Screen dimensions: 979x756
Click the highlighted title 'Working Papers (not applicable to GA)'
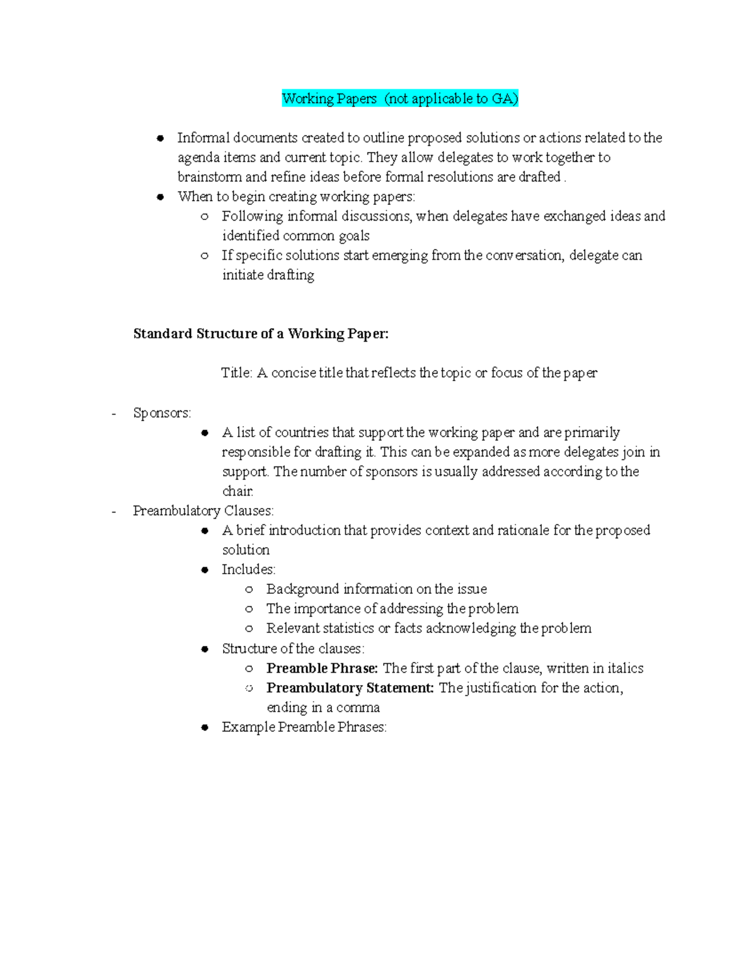399,98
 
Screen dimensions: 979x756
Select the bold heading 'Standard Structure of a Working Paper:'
261,333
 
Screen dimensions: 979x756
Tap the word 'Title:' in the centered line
237,373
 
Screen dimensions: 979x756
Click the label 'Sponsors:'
162,413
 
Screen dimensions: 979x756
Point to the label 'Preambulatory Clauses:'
203,511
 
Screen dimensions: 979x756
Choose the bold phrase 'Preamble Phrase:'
322,668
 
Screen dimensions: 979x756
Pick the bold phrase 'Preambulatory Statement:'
350,688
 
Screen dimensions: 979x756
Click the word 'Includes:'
248,569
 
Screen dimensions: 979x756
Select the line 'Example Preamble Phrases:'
304,727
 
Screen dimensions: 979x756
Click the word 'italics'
625,668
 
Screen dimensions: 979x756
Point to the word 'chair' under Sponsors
238,491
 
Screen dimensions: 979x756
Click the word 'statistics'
349,628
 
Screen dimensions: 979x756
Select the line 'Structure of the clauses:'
293,649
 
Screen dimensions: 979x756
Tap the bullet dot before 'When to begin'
161,197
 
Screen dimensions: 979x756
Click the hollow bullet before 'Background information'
249,589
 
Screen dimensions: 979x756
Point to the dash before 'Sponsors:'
113,414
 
